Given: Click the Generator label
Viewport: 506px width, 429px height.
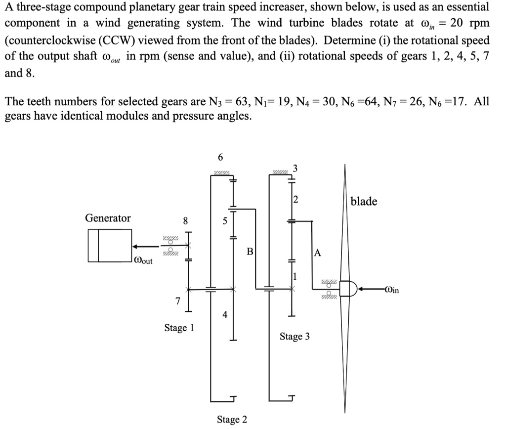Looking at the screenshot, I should pyautogui.click(x=108, y=218).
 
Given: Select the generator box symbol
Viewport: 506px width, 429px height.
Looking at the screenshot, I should pyautogui.click(x=109, y=246).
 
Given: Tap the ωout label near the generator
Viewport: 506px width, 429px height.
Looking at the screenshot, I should pyautogui.click(x=144, y=260).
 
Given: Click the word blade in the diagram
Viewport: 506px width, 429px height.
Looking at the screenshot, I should pyautogui.click(x=364, y=201).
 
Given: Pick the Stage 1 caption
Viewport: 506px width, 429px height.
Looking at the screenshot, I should pyautogui.click(x=179, y=328).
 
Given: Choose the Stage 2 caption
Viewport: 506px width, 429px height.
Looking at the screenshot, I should pyautogui.click(x=232, y=420).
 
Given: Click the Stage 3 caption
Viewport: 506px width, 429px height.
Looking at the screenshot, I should pyautogui.click(x=295, y=337).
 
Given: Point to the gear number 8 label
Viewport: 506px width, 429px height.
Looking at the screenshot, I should pyautogui.click(x=185, y=220).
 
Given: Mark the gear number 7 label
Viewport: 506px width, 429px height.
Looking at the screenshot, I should pyautogui.click(x=179, y=301).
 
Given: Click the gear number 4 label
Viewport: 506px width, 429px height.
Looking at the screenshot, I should pyautogui.click(x=225, y=315).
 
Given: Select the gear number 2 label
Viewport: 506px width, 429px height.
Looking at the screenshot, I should pyautogui.click(x=295, y=200).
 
